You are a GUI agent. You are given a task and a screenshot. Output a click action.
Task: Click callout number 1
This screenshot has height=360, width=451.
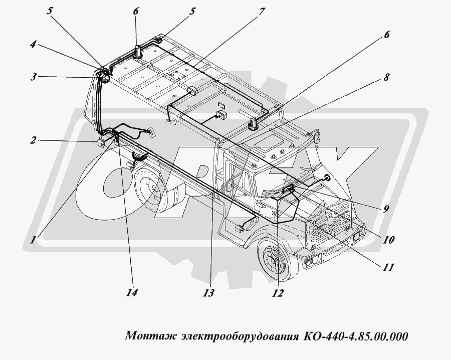click(33, 240)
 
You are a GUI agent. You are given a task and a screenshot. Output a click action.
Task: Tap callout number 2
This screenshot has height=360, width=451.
click(33, 140)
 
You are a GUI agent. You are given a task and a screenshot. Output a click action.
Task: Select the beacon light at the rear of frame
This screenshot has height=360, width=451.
click(136, 51)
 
